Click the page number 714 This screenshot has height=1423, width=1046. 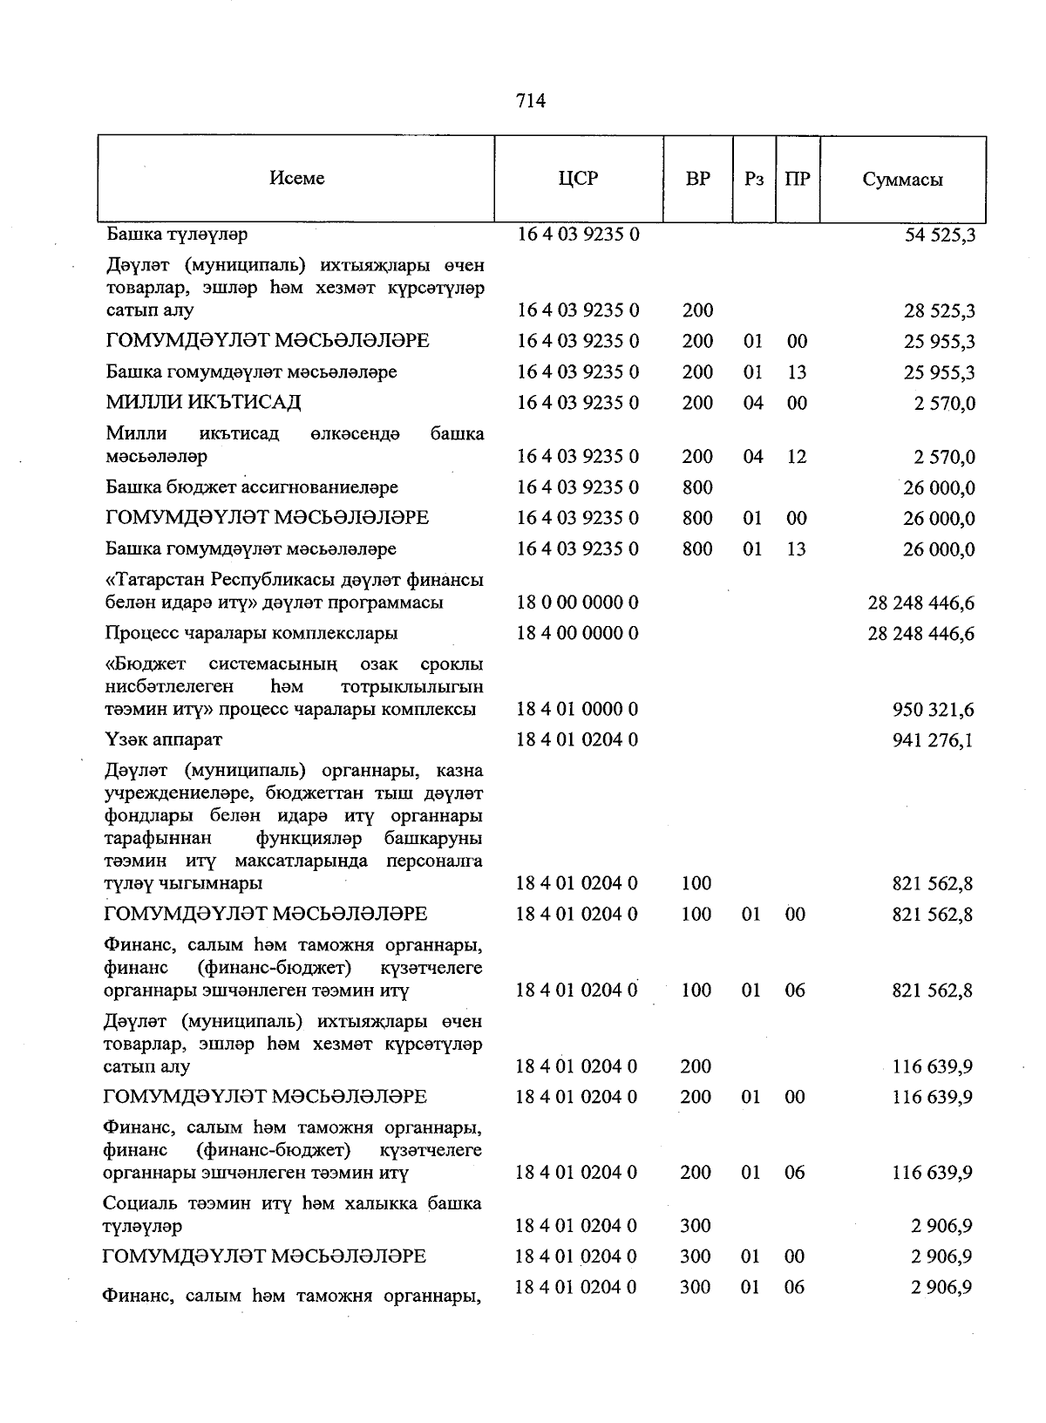coord(531,101)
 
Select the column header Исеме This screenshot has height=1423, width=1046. coord(296,178)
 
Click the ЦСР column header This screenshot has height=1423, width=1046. coord(579,178)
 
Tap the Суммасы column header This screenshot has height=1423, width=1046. coord(902,180)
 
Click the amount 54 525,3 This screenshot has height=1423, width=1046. coord(940,235)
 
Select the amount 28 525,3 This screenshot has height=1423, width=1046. coord(940,311)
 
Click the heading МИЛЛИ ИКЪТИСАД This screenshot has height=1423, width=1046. coord(203,402)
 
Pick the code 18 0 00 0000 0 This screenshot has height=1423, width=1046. coord(578,603)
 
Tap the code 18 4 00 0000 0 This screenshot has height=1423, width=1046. coord(578,633)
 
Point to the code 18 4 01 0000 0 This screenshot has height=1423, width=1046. coord(578,709)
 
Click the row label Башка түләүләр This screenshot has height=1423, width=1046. coord(177,235)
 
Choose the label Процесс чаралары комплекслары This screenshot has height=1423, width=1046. coord(252,633)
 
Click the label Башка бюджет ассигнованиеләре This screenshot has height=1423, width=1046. coord(252,487)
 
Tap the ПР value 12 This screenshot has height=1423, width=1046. coord(796,457)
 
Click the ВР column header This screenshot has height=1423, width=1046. coord(697,179)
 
